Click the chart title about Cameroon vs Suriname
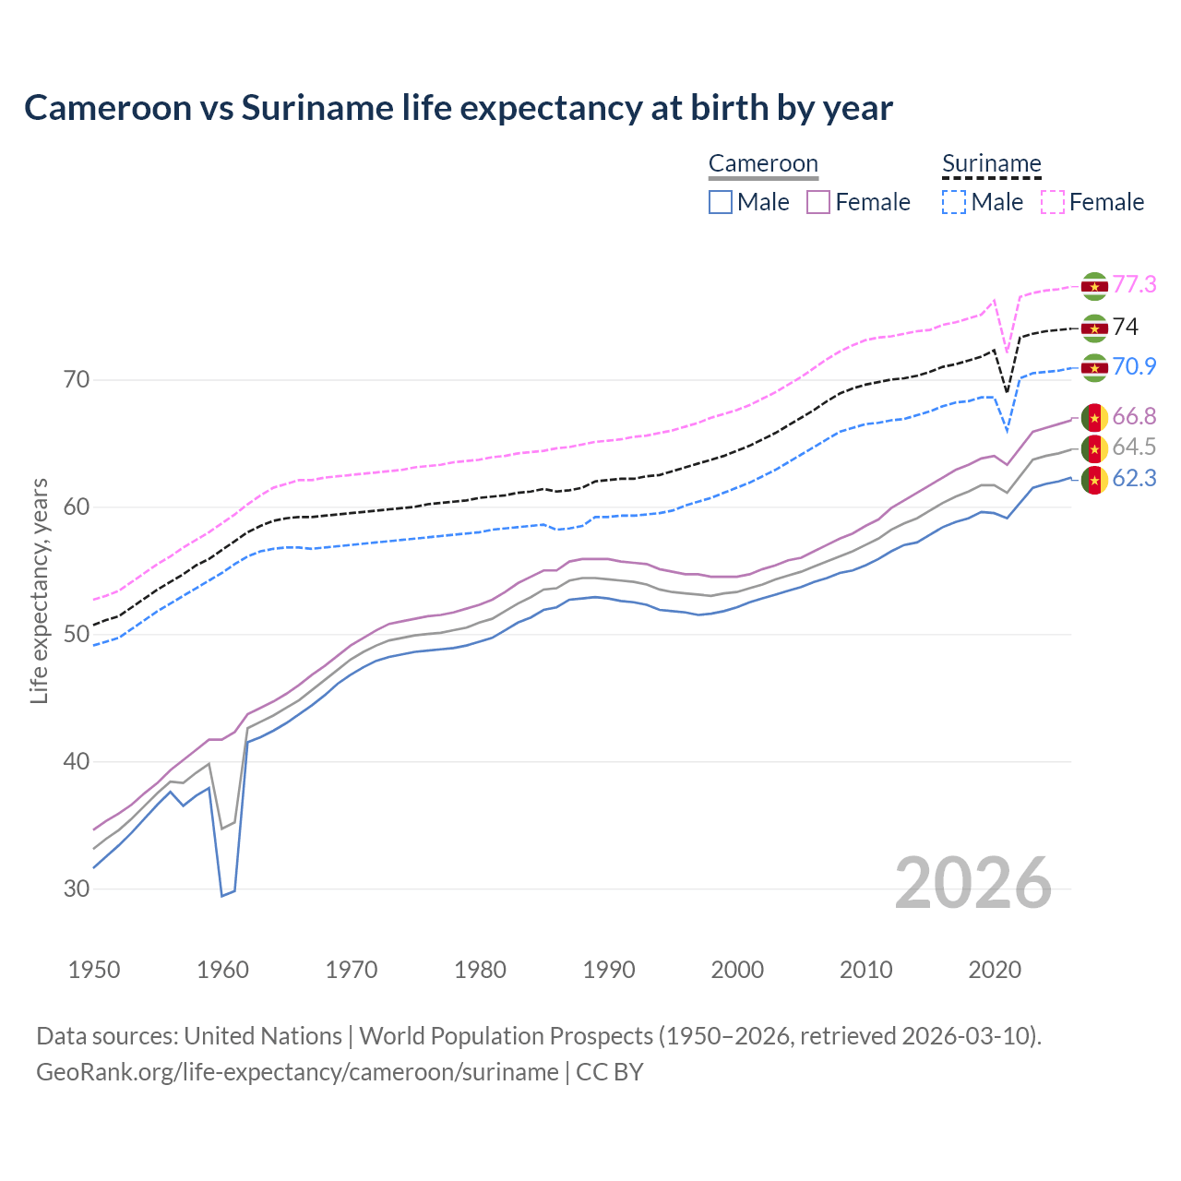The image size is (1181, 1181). [x=458, y=108]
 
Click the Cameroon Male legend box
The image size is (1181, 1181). [x=721, y=202]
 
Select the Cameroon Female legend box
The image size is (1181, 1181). [x=818, y=202]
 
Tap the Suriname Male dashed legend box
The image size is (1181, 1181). [x=954, y=202]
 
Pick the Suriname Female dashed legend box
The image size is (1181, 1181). [x=1052, y=202]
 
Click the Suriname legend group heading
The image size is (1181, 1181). [x=991, y=164]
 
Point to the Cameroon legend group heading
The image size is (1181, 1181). [x=763, y=164]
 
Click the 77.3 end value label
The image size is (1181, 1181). [x=1134, y=285]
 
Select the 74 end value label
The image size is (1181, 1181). [x=1125, y=328]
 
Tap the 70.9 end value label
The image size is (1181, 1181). [x=1134, y=367]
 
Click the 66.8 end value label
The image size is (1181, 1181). [x=1134, y=417]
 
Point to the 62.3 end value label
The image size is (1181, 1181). [x=1134, y=479]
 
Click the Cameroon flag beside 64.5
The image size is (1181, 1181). [x=1094, y=448]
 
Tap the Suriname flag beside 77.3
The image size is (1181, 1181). [x=1094, y=286]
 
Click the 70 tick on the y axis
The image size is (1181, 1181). [x=76, y=380]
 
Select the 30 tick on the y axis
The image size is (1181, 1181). [x=76, y=889]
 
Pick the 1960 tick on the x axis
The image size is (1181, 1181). [x=223, y=970]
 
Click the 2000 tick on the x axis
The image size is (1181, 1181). [x=737, y=970]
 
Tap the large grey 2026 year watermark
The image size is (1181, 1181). [x=972, y=883]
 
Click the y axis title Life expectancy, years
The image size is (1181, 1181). [x=40, y=590]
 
